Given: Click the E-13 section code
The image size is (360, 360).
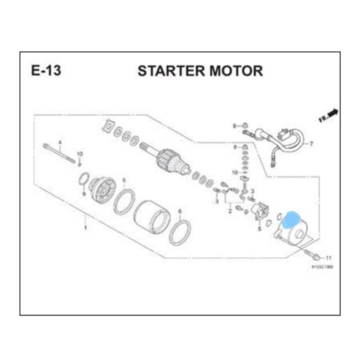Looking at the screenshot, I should coord(46,70).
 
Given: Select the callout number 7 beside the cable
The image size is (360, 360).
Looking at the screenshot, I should coord(311,144).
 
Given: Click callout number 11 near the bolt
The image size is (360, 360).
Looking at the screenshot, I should coord(328,258).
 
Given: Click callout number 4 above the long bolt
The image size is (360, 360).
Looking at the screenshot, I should coord(60,142).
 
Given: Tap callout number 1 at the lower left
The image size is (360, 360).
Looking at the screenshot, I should coord(85,228).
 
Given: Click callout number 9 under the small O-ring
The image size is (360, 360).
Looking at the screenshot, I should coord(84,193).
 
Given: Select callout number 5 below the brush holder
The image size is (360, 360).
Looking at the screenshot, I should coord(259,230).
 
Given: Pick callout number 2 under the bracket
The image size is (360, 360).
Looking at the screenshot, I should coord(230,211).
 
